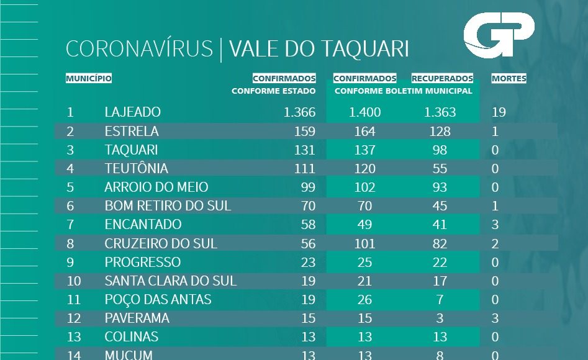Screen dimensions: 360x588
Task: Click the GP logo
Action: click(x=499, y=36)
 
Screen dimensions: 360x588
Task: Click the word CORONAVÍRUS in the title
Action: click(x=139, y=49)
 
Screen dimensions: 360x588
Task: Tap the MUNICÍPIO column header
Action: click(x=89, y=79)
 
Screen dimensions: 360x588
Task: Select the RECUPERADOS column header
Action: click(x=442, y=79)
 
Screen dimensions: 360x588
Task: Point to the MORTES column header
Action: click(x=509, y=79)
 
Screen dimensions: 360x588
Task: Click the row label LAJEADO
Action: click(x=132, y=112)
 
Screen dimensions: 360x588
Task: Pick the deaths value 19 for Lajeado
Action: click(x=499, y=112)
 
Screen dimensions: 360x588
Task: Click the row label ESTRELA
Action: click(x=132, y=132)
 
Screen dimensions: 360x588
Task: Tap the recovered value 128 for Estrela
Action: click(x=440, y=132)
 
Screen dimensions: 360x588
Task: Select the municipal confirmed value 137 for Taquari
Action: click(x=364, y=150)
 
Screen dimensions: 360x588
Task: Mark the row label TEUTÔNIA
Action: click(x=136, y=169)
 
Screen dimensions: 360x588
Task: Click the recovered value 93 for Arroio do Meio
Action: click(x=440, y=187)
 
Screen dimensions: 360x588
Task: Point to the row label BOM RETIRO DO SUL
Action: click(x=168, y=206)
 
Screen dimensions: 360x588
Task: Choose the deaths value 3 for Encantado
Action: click(x=495, y=225)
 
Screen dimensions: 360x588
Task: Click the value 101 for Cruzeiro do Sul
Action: click(x=364, y=243)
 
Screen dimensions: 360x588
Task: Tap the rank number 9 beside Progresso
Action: click(x=70, y=262)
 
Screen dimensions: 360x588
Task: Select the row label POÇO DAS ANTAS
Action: click(x=158, y=300)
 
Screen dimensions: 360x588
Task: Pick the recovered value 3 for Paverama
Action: click(x=440, y=318)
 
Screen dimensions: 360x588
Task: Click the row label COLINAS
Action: click(x=131, y=337)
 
